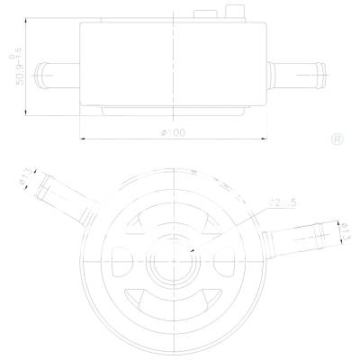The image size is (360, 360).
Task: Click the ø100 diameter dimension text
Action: pyautogui.click(x=172, y=133)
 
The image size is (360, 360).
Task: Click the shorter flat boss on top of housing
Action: pyautogui.click(x=203, y=15)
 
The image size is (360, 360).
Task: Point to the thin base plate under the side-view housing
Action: pyautogui.click(x=172, y=110)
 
